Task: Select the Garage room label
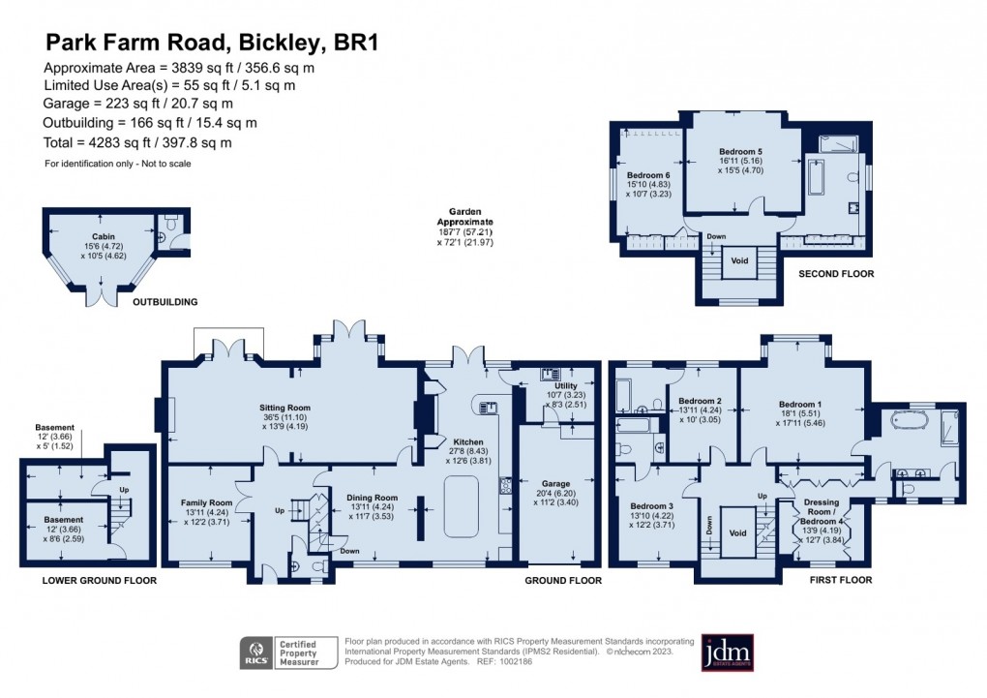point(555,483)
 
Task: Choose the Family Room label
point(207,502)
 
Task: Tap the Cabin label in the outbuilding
point(104,236)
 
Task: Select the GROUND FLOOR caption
point(563,581)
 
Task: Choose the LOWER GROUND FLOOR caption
point(100,581)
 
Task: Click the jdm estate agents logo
point(727,652)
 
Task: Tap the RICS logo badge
point(257,652)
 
